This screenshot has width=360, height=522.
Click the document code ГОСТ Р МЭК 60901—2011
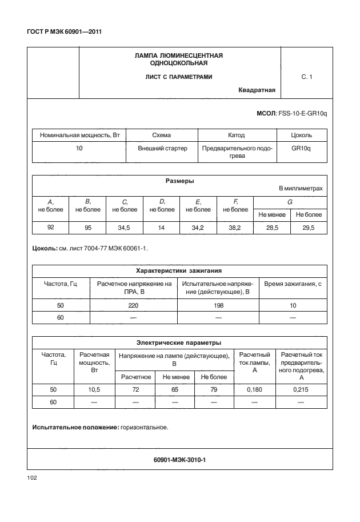tap(61, 31)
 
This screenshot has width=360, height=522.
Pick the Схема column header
tap(161, 136)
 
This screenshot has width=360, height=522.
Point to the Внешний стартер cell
tap(161, 148)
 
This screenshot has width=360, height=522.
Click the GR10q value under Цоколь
tap(301, 148)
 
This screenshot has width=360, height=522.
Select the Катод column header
tap(236, 136)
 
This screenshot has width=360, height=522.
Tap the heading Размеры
tap(179, 181)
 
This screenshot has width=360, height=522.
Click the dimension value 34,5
tap(123, 228)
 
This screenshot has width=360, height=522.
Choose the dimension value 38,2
tap(234, 228)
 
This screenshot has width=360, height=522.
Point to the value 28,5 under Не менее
tap(271, 228)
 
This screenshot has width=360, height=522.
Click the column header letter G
tap(290, 202)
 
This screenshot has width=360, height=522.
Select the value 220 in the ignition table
tap(134, 306)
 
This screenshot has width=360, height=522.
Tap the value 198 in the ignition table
tap(218, 306)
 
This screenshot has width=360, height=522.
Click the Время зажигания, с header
tap(290, 283)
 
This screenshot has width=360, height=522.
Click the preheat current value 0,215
tap(301, 389)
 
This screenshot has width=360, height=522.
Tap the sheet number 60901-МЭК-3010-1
tap(179, 459)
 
